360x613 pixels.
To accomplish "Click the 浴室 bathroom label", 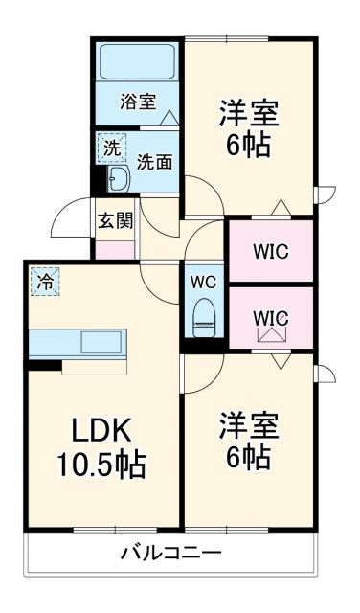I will click(x=138, y=102).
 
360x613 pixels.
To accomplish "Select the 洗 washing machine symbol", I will click(x=113, y=148).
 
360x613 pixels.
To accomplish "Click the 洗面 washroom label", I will click(x=154, y=161).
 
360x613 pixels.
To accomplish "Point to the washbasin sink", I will click(x=120, y=177).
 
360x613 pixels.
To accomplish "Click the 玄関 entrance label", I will click(x=115, y=219).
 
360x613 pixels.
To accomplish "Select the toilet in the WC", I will click(x=204, y=315).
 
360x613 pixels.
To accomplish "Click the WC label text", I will click(x=203, y=283).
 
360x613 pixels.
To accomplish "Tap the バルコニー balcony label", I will click(x=171, y=553).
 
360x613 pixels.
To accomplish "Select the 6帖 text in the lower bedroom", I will click(x=248, y=457).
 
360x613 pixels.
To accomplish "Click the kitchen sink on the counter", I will click(x=100, y=342).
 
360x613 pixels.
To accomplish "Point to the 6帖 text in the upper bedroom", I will click(x=248, y=147).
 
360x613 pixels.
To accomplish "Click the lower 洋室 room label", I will click(x=248, y=423).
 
